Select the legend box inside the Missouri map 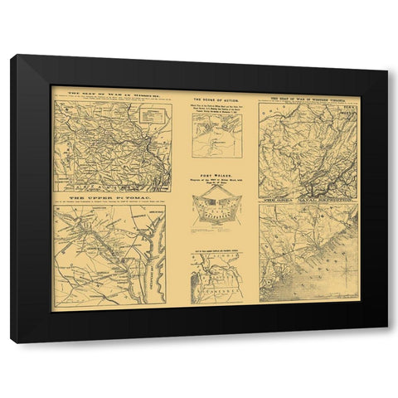[x=153, y=116]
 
